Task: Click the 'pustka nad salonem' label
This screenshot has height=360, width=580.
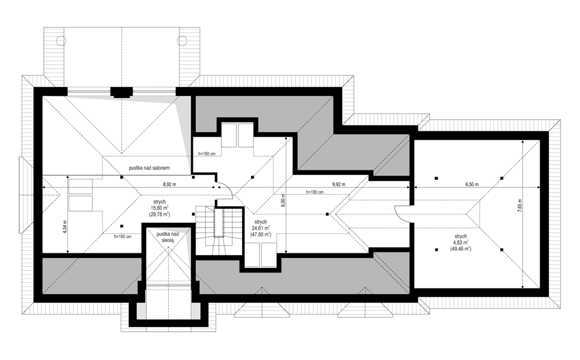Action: click(x=149, y=168)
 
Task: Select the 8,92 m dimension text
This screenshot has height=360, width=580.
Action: click(x=169, y=184)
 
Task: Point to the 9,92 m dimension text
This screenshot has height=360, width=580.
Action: click(x=339, y=184)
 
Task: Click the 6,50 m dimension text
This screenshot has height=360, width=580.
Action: click(x=472, y=184)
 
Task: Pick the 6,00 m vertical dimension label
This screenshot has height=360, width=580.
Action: click(x=283, y=201)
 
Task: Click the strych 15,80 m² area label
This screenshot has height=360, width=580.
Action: click(x=160, y=208)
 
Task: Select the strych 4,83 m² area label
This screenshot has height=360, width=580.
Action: click(x=461, y=243)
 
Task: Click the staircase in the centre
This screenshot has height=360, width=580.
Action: click(x=219, y=230)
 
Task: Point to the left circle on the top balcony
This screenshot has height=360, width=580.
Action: click(x=60, y=40)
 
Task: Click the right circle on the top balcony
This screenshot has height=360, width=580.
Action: click(x=182, y=40)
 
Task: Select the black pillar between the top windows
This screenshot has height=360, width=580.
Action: click(x=121, y=92)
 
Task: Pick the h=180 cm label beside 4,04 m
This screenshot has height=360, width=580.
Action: click(x=123, y=237)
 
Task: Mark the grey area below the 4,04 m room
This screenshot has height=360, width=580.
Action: click(x=92, y=276)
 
